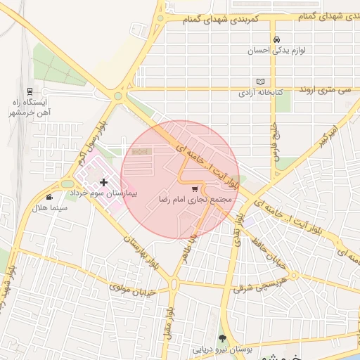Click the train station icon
click(30, 91)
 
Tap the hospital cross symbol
click(104, 183)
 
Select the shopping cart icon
click(195, 188)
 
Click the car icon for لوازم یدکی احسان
click(278, 39)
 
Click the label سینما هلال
click(49, 208)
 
